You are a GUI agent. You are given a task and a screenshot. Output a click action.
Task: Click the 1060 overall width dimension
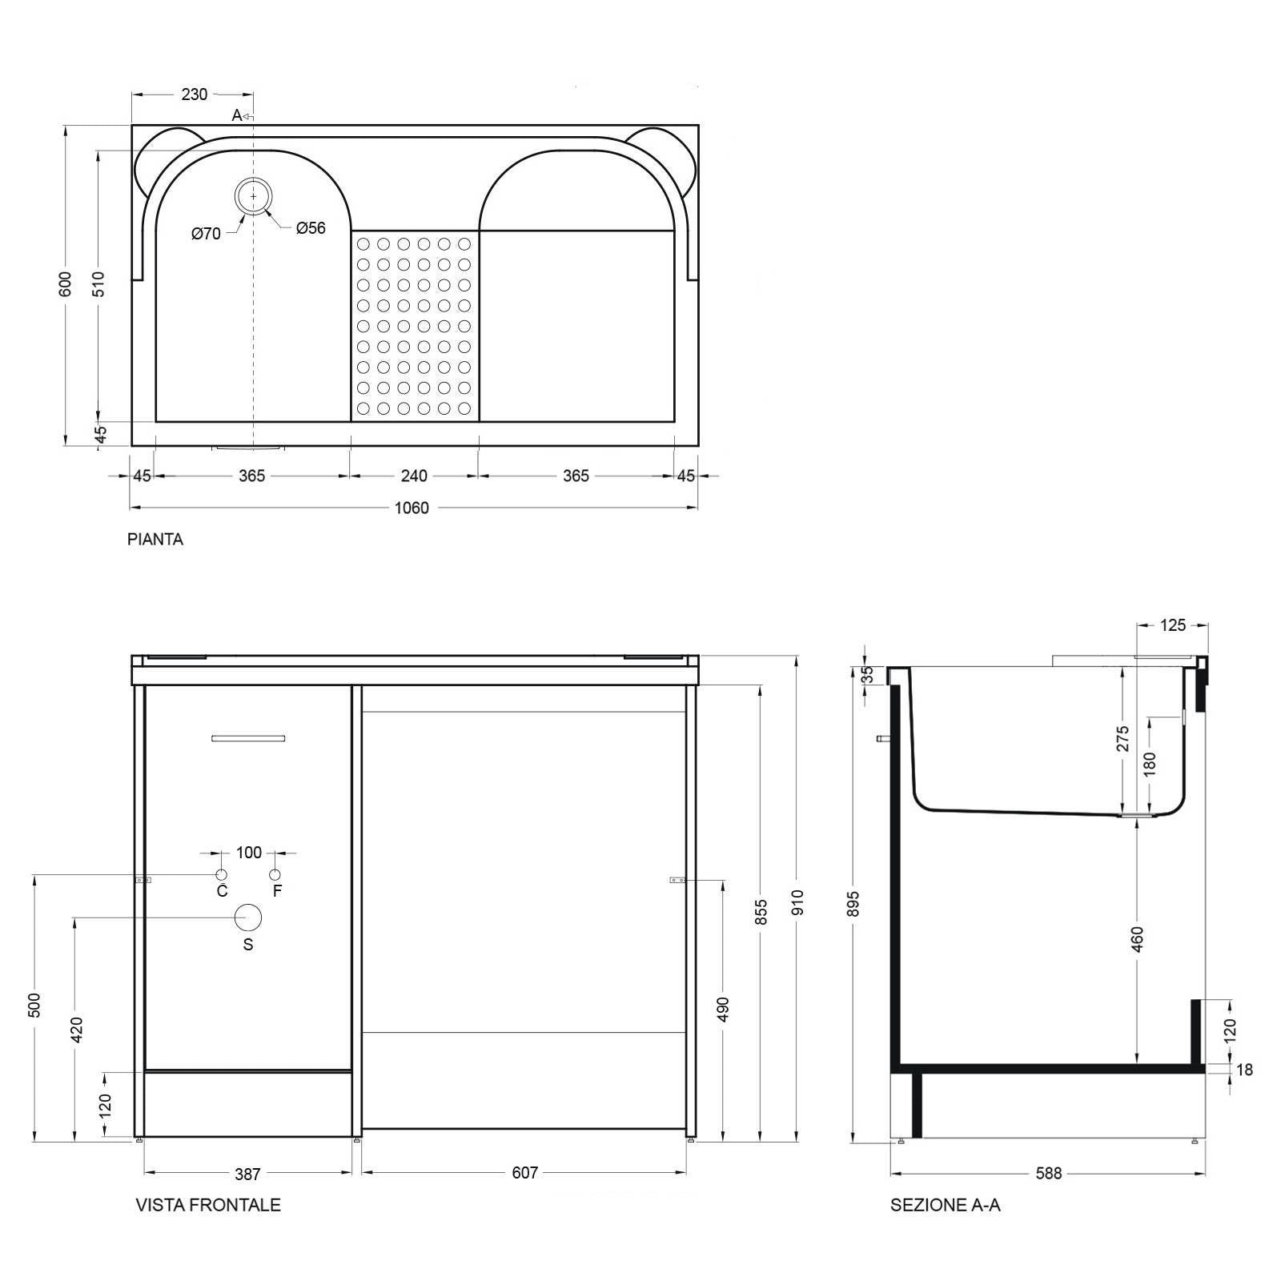[x=412, y=508]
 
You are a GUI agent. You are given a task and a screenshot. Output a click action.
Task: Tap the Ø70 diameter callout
[x=206, y=234]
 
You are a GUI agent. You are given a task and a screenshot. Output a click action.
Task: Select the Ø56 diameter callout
[x=311, y=228]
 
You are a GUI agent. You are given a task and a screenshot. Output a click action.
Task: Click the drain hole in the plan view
[x=254, y=196]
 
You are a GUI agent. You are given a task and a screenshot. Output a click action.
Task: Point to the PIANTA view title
[x=155, y=540]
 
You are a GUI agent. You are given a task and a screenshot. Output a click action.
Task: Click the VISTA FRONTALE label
[x=208, y=1205]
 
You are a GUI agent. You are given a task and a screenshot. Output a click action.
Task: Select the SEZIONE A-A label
[x=945, y=1205]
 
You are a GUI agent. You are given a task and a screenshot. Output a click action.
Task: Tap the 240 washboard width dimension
[x=414, y=476]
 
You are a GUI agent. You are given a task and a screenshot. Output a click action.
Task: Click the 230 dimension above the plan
[x=194, y=94]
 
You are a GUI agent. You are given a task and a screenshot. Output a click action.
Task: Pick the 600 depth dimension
[x=66, y=283]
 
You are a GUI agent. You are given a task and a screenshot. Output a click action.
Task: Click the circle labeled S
[x=248, y=918]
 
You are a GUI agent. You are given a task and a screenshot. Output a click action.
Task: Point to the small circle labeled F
[x=275, y=874]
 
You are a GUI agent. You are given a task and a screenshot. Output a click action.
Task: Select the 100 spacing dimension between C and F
[x=249, y=853]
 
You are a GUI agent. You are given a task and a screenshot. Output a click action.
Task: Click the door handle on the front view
[x=248, y=738]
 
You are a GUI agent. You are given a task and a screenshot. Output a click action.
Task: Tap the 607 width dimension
[x=524, y=1173]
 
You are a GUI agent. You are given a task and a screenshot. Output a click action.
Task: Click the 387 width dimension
[x=247, y=1174]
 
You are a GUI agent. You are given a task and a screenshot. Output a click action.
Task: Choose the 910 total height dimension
[x=797, y=902]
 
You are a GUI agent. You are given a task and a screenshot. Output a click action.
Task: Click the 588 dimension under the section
[x=1048, y=1173]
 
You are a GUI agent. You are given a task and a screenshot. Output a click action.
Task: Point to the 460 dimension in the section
[x=1138, y=938]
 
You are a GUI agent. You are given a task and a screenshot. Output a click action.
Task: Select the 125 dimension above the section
[x=1173, y=625]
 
